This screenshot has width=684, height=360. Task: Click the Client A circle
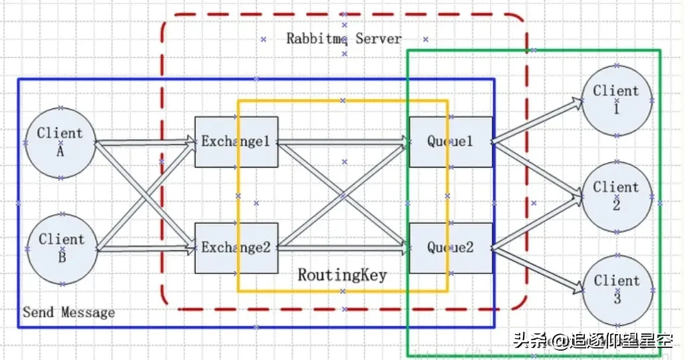(x=60, y=142)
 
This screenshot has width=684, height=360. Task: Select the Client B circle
(x=61, y=248)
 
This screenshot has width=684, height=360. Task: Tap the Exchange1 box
(x=236, y=142)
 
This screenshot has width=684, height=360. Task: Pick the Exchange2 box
(x=236, y=248)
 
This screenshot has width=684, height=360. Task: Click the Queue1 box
(x=450, y=142)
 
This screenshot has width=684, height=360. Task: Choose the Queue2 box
(x=450, y=248)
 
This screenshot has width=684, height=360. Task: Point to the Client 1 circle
(x=616, y=100)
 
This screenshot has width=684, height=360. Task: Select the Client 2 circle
(x=616, y=196)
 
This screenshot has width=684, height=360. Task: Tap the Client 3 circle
(x=617, y=290)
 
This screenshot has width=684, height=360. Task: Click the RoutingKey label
(x=342, y=275)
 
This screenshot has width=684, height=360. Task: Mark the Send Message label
(x=69, y=312)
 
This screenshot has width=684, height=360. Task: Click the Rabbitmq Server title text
(x=344, y=39)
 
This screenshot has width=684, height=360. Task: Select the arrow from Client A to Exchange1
(x=143, y=142)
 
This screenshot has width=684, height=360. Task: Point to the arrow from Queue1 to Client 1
(x=536, y=121)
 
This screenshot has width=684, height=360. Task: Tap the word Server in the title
(x=379, y=39)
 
